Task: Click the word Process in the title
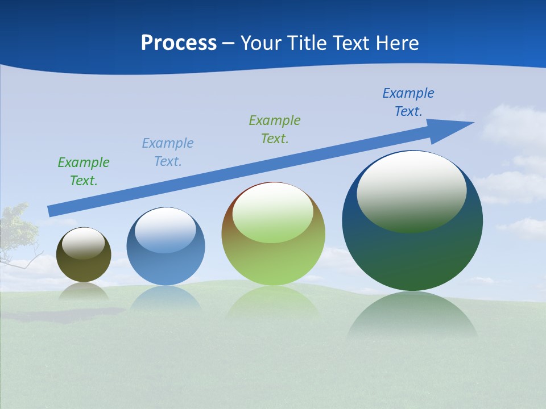pyautogui.click(x=179, y=43)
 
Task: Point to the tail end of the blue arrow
pyautogui.click(x=51, y=210)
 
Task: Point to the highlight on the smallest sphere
pyautogui.click(x=83, y=243)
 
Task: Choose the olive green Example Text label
pyautogui.click(x=275, y=129)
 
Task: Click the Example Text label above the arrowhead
pyautogui.click(x=408, y=102)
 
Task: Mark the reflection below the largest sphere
pyautogui.click(x=412, y=315)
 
